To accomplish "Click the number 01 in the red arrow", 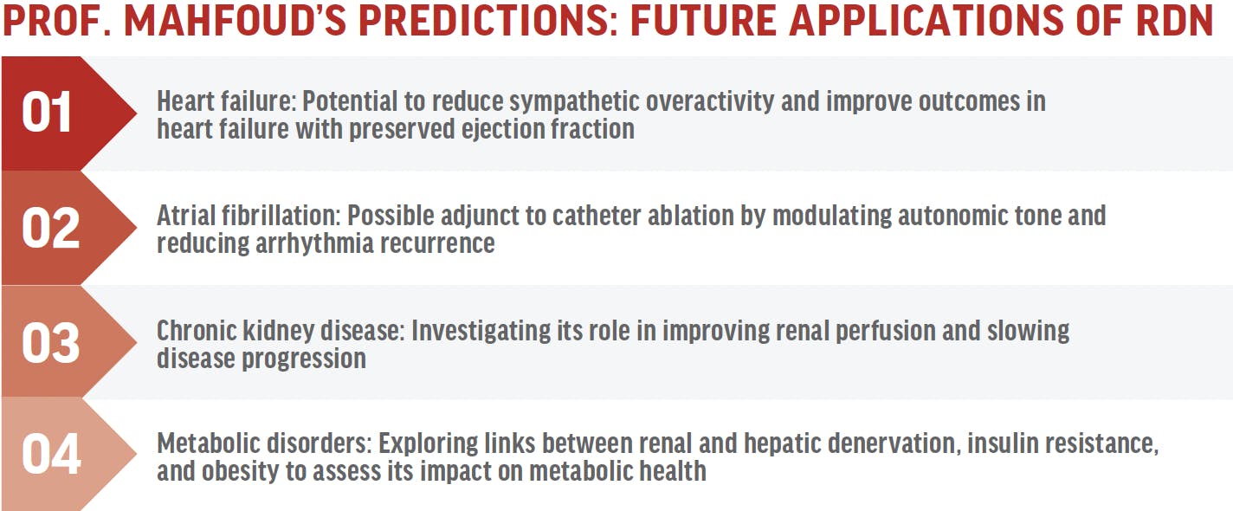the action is click(x=47, y=113).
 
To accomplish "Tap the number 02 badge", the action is click(x=50, y=228).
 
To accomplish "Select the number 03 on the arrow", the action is click(x=50, y=343).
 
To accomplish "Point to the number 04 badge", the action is click(x=51, y=455).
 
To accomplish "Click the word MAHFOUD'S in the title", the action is click(x=235, y=21).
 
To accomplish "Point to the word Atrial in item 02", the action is click(x=186, y=216).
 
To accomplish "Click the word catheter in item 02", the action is click(x=596, y=216).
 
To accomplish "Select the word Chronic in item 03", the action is click(x=196, y=331).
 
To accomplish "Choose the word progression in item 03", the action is click(x=304, y=359).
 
